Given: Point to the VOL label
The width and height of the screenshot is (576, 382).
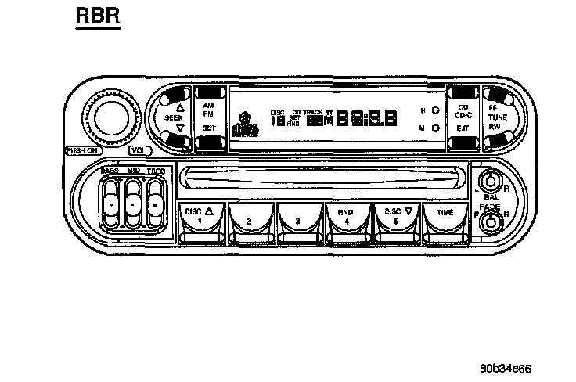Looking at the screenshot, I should tap(139, 150).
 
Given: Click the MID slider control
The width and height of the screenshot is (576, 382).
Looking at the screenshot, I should tap(133, 201).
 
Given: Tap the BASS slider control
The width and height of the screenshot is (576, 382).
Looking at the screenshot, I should tap(111, 201).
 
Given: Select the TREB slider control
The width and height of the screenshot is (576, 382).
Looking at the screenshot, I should tap(156, 201).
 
